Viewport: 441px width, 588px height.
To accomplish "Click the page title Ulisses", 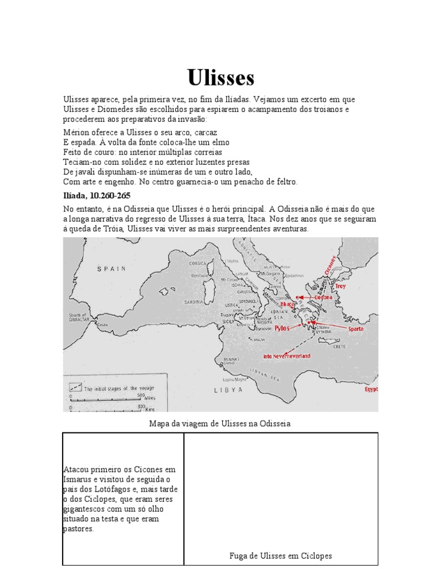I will pyautogui.click(x=220, y=78).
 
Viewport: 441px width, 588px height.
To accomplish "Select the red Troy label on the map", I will pyautogui.click(x=341, y=285).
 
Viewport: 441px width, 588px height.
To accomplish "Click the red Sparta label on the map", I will pyautogui.click(x=354, y=329).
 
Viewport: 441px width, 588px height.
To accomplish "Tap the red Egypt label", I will pyautogui.click(x=372, y=389).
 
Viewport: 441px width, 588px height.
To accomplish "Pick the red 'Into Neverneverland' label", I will pyautogui.click(x=287, y=356).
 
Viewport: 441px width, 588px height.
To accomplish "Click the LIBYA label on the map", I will pyautogui.click(x=228, y=389).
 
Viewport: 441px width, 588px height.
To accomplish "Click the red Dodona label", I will pyautogui.click(x=323, y=297).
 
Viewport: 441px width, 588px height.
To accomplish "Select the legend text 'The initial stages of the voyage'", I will pyautogui.click(x=119, y=388).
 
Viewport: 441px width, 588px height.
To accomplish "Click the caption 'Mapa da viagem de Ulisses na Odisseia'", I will pyautogui.click(x=220, y=424).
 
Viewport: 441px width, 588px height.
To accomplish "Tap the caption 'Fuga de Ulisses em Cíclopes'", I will pyautogui.click(x=280, y=556).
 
